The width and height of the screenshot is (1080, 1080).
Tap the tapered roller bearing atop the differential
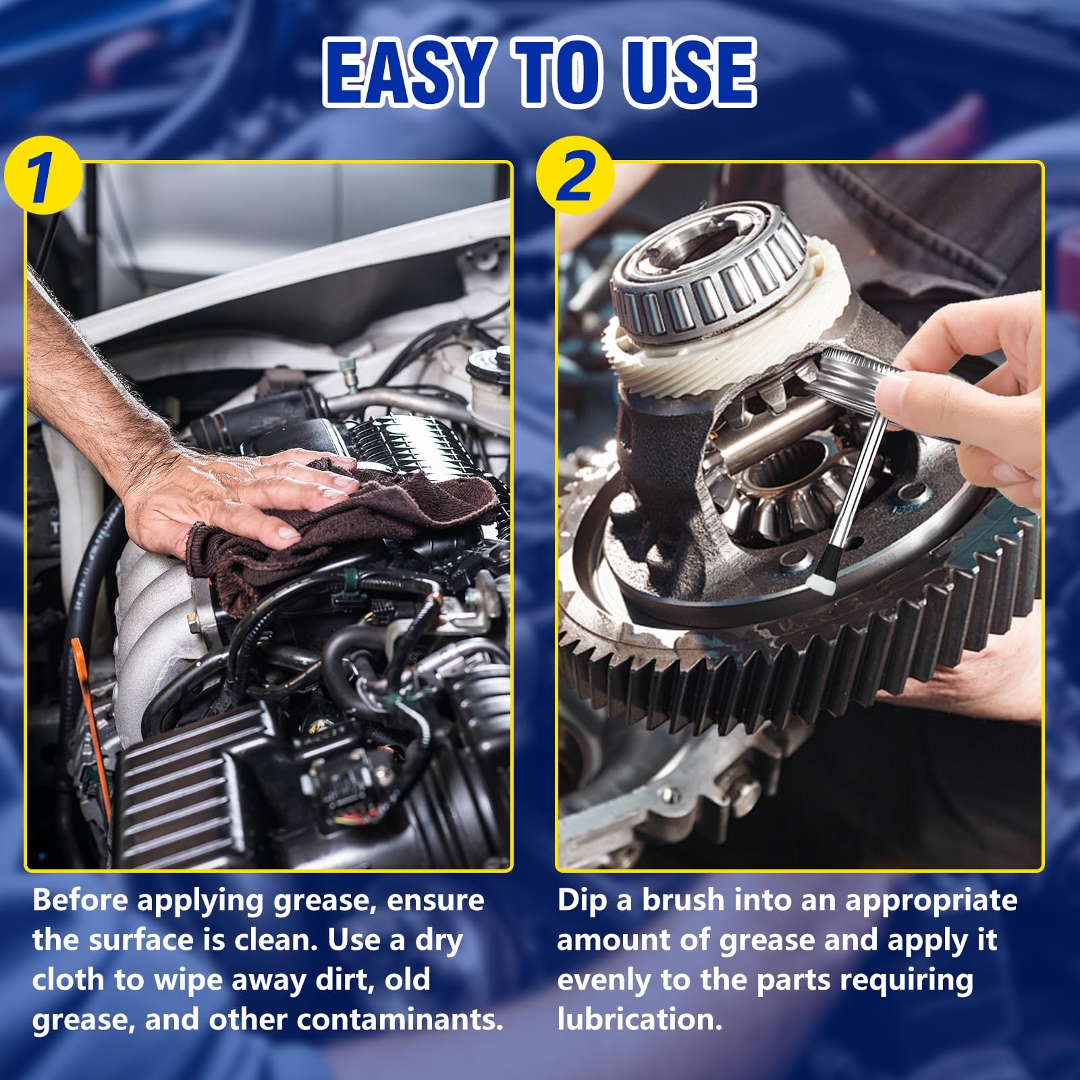[709, 270]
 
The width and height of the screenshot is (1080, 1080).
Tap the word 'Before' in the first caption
[80, 900]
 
